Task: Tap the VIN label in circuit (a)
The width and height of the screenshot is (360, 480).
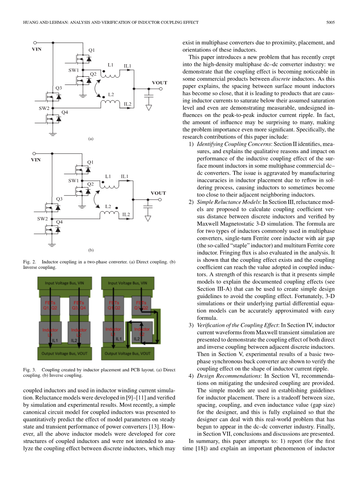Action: pyautogui.click(x=37, y=49)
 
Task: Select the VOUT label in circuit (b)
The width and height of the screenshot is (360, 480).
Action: pyautogui.click(x=158, y=193)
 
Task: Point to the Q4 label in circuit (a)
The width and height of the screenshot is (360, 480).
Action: pyautogui.click(x=65, y=113)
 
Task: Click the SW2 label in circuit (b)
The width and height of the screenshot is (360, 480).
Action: pyautogui.click(x=42, y=219)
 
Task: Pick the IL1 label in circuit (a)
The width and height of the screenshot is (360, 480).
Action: pyautogui.click(x=127, y=66)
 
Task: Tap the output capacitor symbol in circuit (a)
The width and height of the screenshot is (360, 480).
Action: pyautogui.click(x=148, y=95)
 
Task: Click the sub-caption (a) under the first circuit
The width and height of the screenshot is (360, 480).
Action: pyautogui.click(x=91, y=139)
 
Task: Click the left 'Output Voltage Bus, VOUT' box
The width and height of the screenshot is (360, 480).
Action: pyautogui.click(x=66, y=353)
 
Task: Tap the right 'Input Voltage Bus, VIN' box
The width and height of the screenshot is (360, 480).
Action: pyautogui.click(x=127, y=283)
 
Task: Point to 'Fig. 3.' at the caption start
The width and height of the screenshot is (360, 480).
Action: pyautogui.click(x=30, y=370)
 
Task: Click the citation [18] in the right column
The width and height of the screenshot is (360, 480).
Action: pyautogui.click(x=200, y=449)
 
